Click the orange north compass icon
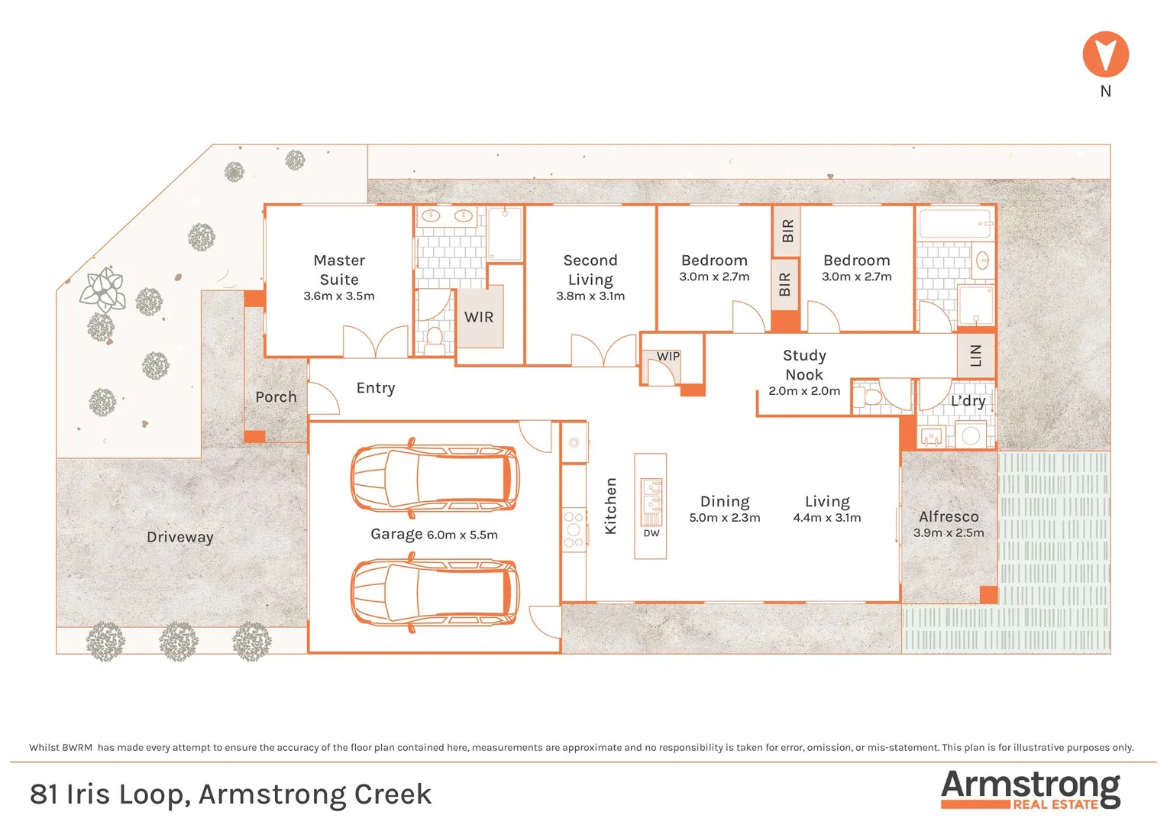coord(1105,54)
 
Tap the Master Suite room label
coord(339,270)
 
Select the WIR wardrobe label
coord(479,317)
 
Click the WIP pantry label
coord(668,357)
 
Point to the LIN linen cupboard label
coord(975,356)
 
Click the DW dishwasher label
coord(651,533)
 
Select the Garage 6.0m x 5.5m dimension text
coord(462,535)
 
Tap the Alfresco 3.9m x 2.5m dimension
coord(949,533)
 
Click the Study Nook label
coord(804,364)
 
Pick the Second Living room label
coord(590,270)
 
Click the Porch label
coord(276,397)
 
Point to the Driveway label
coord(180,537)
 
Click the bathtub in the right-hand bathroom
coord(955,225)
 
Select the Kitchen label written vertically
coord(611,506)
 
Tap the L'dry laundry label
coord(968,401)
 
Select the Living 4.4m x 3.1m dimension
coord(827,518)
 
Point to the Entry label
coord(376,388)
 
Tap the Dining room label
coord(725,501)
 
